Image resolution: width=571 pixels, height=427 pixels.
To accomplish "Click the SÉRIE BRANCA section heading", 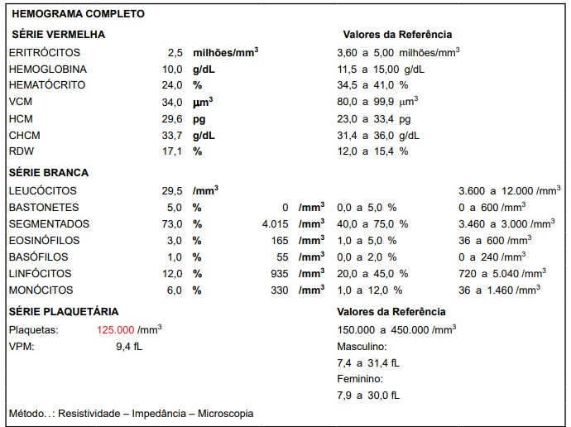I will [x=48, y=173].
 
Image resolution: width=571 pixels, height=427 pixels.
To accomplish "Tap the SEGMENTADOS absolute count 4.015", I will [x=274, y=223].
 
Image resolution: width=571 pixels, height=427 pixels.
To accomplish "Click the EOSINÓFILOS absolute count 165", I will [x=279, y=240].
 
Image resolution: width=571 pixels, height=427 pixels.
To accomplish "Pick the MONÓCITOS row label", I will [x=41, y=290].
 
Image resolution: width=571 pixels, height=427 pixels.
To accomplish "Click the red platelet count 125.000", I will [x=116, y=329].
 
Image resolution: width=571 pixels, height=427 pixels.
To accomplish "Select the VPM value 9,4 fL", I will [x=129, y=345].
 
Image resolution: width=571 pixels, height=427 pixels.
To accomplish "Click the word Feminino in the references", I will [x=360, y=378].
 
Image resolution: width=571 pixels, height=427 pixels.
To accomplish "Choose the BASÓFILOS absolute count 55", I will [x=282, y=257].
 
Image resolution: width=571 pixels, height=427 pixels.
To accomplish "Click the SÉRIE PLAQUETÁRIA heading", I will [x=63, y=311].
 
